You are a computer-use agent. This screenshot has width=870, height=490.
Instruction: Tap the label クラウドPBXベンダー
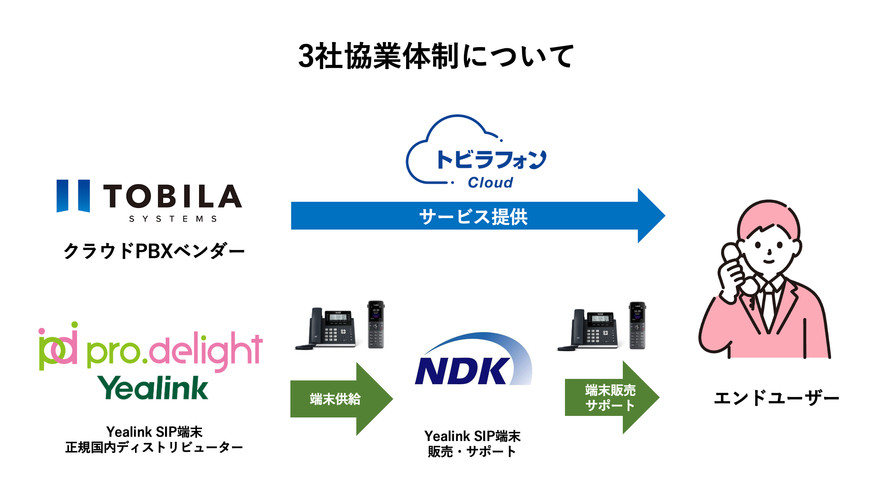tap(154, 251)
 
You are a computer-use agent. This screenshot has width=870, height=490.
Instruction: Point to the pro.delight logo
tap(150, 347)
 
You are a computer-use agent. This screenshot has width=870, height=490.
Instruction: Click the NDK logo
tap(474, 361)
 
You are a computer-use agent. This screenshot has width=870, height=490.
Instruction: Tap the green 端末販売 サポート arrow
tap(610, 398)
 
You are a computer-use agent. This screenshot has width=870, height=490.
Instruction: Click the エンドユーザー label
tap(776, 398)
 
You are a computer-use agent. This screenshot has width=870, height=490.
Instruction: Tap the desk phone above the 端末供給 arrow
tap(328, 328)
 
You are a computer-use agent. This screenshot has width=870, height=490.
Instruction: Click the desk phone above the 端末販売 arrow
tap(590, 330)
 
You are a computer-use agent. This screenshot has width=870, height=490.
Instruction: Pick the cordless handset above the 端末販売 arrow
tap(637, 326)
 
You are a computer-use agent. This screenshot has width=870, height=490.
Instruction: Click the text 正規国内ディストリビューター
tap(154, 448)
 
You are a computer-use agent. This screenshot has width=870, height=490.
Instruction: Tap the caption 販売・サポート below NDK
tap(472, 451)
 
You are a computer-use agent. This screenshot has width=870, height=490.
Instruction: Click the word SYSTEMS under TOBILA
tap(173, 219)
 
